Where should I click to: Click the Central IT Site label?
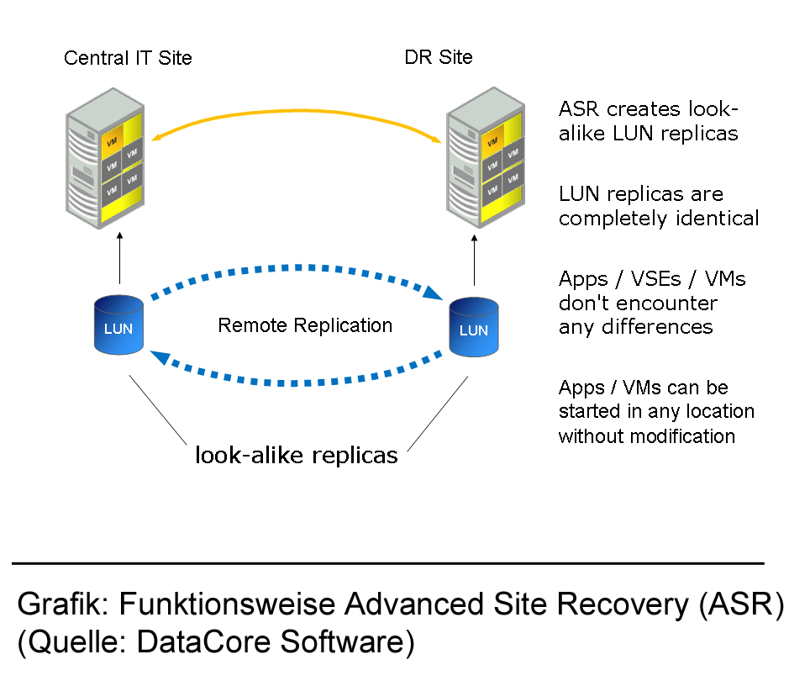(x=128, y=58)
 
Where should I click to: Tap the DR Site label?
(x=439, y=57)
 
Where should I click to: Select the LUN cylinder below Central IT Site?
(x=118, y=327)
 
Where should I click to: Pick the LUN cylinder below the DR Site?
(x=474, y=329)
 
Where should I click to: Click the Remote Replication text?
(x=305, y=325)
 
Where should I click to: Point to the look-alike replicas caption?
(x=296, y=456)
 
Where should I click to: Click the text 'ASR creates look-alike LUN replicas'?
(x=649, y=121)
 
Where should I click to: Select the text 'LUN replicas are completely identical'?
(x=659, y=207)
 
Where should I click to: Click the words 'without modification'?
(x=646, y=436)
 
